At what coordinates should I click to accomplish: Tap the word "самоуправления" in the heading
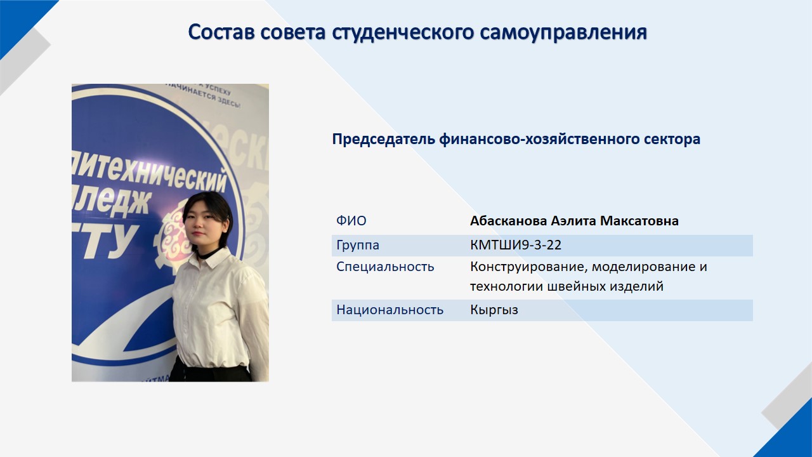pyautogui.click(x=564, y=32)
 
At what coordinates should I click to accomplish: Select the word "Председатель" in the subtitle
pyautogui.click(x=384, y=139)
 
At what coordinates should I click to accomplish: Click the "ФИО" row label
pyautogui.click(x=351, y=220)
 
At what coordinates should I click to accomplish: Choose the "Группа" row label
pyautogui.click(x=358, y=246)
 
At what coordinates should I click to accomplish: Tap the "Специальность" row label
pyautogui.click(x=385, y=267)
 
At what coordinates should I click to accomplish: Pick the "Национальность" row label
pyautogui.click(x=390, y=310)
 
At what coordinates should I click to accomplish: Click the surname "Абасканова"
pyautogui.click(x=508, y=220)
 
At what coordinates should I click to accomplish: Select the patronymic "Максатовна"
pyautogui.click(x=639, y=220)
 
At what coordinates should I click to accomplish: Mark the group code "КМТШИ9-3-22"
pyautogui.click(x=516, y=245)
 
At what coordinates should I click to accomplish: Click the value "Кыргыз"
pyautogui.click(x=494, y=310)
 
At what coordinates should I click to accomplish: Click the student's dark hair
pyautogui.click(x=209, y=209)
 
